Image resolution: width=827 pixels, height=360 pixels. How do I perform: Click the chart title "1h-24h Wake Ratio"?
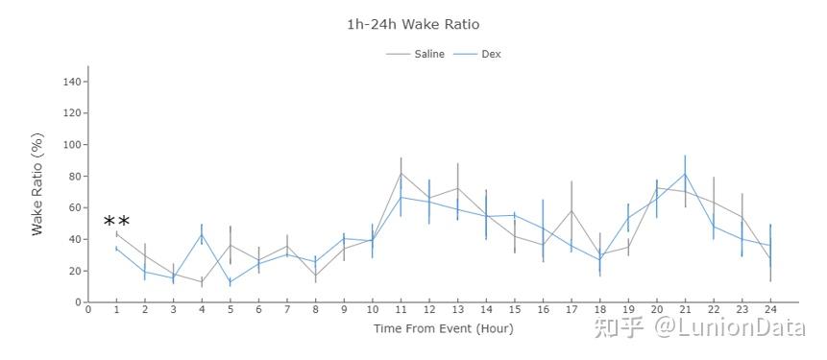pyautogui.click(x=413, y=24)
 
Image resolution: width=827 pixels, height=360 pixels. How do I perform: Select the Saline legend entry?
pyautogui.click(x=415, y=54)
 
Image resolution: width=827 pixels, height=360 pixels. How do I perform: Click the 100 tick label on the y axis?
pyautogui.click(x=73, y=144)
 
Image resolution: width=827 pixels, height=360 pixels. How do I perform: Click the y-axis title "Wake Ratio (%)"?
pyautogui.click(x=36, y=184)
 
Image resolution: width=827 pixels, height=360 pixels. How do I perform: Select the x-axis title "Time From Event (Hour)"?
pyautogui.click(x=443, y=328)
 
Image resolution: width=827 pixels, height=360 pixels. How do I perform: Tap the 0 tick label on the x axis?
pyautogui.click(x=88, y=309)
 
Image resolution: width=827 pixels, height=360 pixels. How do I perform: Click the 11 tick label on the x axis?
pyautogui.click(x=401, y=309)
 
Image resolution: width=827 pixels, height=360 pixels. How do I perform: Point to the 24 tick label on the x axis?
pyautogui.click(x=770, y=309)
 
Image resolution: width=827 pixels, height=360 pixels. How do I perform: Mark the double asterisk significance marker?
pyautogui.click(x=116, y=223)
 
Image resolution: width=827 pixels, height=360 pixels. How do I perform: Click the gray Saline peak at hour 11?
pyautogui.click(x=401, y=173)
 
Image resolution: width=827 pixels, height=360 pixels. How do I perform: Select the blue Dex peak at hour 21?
pyautogui.click(x=685, y=174)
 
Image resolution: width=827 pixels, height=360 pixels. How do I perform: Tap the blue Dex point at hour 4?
pyautogui.click(x=202, y=235)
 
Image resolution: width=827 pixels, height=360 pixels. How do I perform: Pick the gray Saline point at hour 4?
pyautogui.click(x=202, y=282)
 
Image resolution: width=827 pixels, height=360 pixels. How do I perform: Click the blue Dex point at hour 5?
pyautogui.click(x=230, y=282)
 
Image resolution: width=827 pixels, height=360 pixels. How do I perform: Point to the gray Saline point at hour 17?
pyautogui.click(x=572, y=211)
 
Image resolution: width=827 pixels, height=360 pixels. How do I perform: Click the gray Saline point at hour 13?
pyautogui.click(x=458, y=188)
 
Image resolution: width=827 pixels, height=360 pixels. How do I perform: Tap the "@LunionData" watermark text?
pyautogui.click(x=731, y=327)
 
